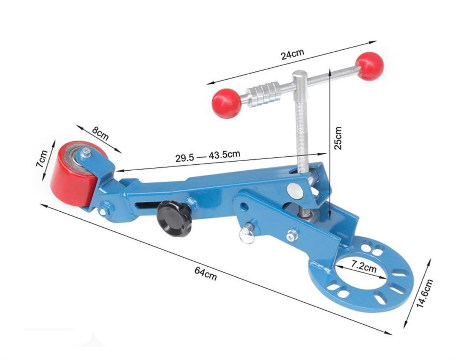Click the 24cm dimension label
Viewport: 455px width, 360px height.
click(292, 55)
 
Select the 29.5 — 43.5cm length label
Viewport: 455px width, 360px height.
click(208, 156)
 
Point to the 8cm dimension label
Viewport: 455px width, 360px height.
click(100, 134)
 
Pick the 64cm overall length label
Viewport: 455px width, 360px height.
click(206, 274)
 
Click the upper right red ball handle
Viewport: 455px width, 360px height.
click(369, 66)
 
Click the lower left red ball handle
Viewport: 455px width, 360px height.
click(226, 104)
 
